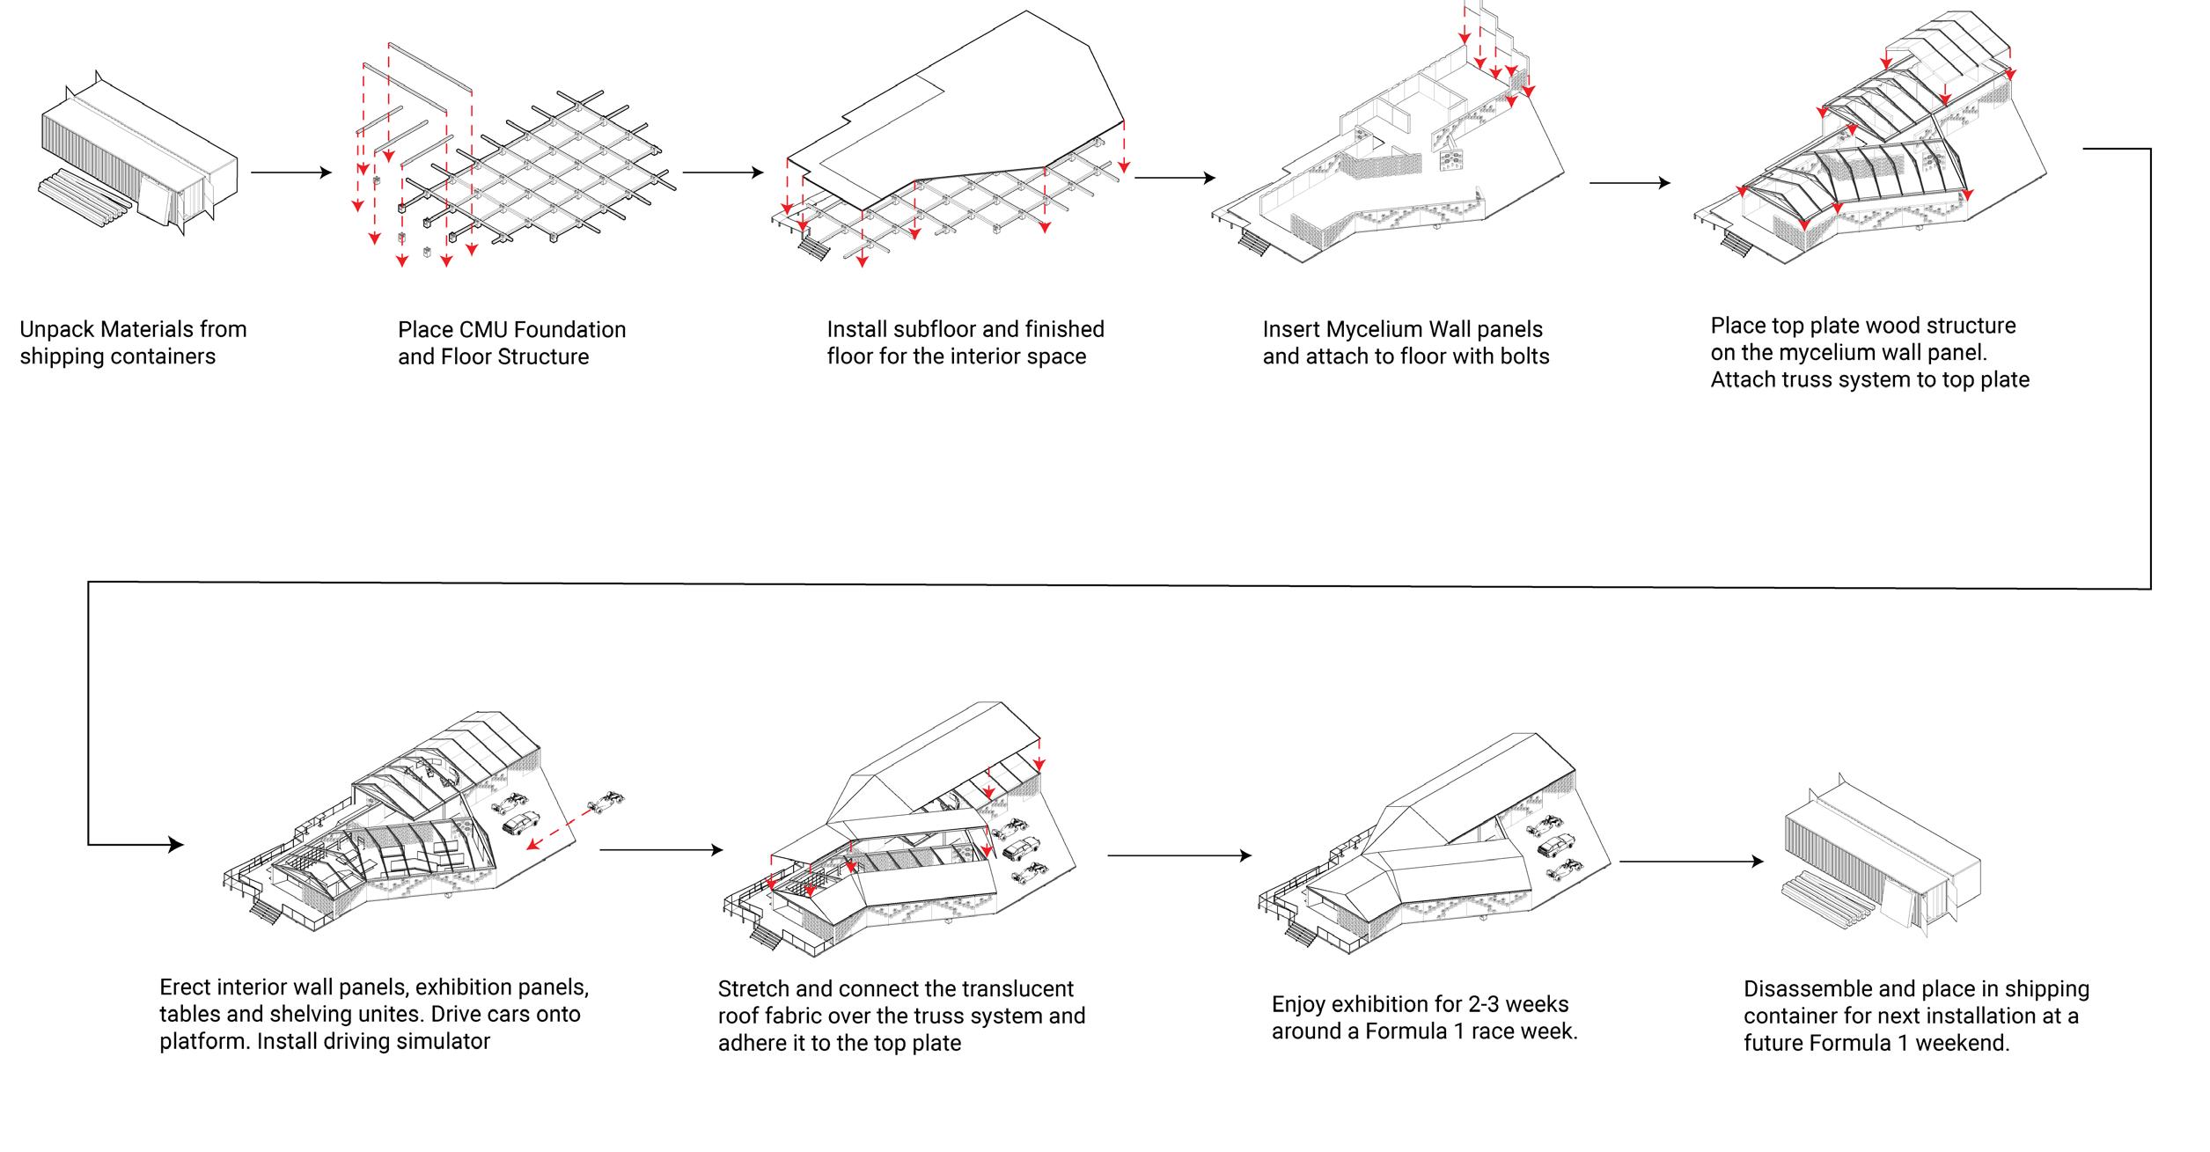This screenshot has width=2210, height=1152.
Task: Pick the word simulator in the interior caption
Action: (x=440, y=1042)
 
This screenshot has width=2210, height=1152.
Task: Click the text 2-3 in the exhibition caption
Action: (x=1459, y=1004)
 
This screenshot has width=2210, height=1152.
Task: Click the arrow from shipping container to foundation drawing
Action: (x=290, y=172)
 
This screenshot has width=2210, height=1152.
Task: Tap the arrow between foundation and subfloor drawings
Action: (x=723, y=172)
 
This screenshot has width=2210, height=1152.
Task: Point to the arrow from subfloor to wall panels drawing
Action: (x=1174, y=178)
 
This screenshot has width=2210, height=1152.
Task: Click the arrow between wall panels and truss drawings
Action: (x=1629, y=183)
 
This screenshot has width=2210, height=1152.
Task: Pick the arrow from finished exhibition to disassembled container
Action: (x=1691, y=862)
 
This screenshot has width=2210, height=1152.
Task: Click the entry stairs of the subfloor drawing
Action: (x=812, y=249)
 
